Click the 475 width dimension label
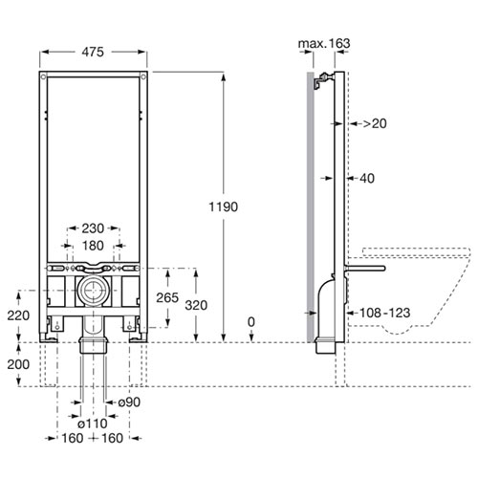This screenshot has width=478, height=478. pyautogui.click(x=93, y=52)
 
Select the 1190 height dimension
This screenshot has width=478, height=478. pyautogui.click(x=224, y=206)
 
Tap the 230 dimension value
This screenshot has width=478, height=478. pyautogui.click(x=93, y=228)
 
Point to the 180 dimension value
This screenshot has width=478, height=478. pyautogui.click(x=93, y=246)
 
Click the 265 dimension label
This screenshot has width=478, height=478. pyautogui.click(x=167, y=298)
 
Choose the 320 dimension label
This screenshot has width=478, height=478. pyautogui.click(x=196, y=305)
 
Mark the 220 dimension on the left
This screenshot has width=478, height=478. pyautogui.click(x=18, y=315)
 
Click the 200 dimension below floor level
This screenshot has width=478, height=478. pyautogui.click(x=18, y=364)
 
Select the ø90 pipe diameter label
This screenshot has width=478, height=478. pyautogui.click(x=129, y=402)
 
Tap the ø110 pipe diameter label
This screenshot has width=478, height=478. pyautogui.click(x=93, y=424)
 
